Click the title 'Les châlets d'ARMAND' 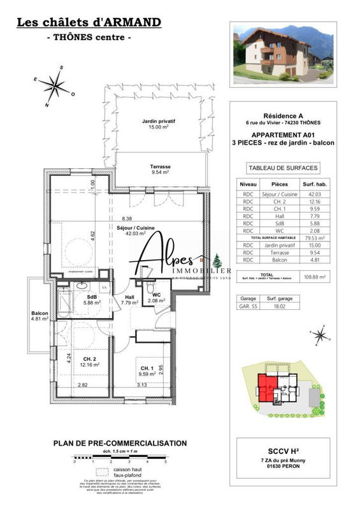(88, 23)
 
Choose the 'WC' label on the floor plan (155, 297)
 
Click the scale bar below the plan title (120, 458)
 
